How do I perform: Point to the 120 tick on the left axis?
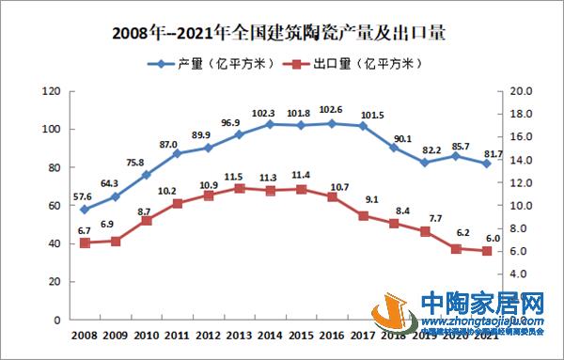click(53, 91)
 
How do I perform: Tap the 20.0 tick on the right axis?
click(521, 91)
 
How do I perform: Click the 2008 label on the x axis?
click(85, 335)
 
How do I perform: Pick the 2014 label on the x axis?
click(270, 335)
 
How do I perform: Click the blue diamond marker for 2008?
click(85, 210)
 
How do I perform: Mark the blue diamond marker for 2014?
click(270, 124)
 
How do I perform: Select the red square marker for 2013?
click(239, 188)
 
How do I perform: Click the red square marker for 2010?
click(147, 220)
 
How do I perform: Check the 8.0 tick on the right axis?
click(521, 228)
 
